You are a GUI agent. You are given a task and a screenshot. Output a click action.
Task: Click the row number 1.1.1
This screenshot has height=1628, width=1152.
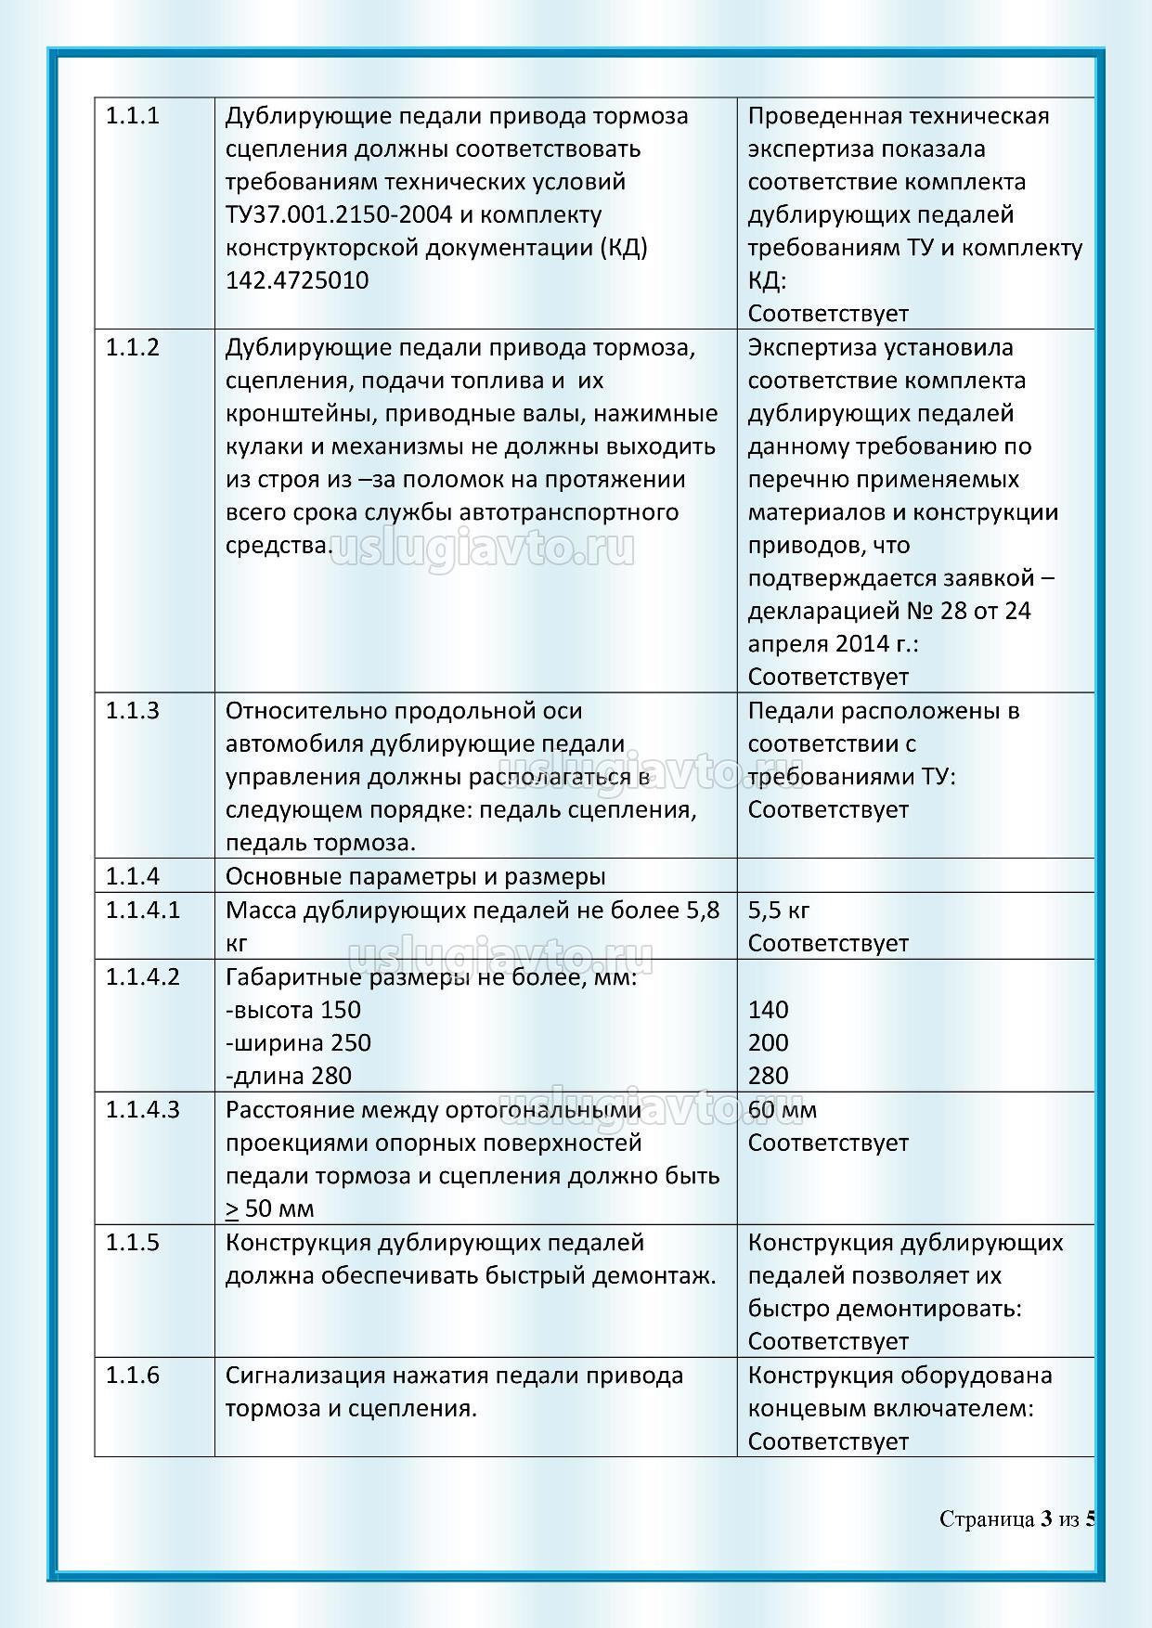pos(132,117)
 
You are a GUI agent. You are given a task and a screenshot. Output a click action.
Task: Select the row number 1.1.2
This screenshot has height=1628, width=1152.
pos(132,348)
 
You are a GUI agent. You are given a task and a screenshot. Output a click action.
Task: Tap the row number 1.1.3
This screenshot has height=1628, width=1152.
pos(132,711)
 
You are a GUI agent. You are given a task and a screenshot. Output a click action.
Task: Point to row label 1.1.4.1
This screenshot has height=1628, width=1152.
pos(143,910)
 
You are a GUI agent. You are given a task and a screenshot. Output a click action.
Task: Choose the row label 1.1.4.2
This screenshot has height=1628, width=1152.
pos(143,976)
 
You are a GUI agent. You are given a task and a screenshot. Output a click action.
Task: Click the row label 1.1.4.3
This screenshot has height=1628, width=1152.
pos(143,1109)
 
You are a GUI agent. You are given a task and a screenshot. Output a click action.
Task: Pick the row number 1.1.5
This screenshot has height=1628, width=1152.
pos(132,1242)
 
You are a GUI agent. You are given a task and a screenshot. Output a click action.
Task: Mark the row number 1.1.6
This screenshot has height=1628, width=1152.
pos(132,1375)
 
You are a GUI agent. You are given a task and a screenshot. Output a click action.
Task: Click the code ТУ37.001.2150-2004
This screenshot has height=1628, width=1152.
pos(339,215)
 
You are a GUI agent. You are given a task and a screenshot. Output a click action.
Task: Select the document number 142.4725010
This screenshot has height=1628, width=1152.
pos(297,281)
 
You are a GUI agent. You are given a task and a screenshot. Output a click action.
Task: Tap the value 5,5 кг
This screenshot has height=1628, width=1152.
pos(778,910)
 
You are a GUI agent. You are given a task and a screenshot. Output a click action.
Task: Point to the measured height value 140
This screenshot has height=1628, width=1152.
pos(768,1010)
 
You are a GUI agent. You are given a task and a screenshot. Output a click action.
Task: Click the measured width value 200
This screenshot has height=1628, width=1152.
pos(768,1042)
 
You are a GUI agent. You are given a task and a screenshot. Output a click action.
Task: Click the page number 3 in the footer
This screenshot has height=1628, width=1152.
pos(1046,1519)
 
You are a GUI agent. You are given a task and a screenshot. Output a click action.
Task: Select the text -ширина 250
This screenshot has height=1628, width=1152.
pos(298,1042)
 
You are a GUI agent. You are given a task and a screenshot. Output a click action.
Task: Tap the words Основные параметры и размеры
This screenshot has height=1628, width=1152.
pos(416,877)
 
